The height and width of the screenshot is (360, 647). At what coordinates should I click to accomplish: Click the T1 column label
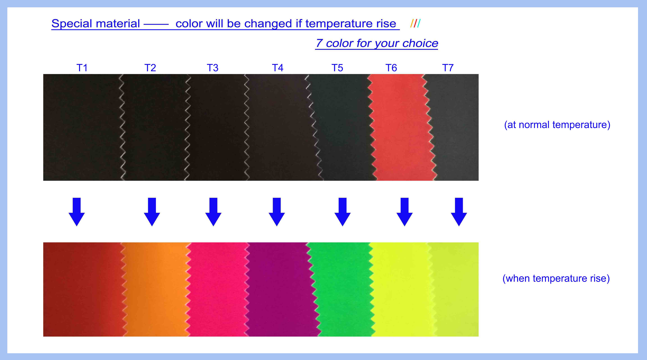tap(82, 68)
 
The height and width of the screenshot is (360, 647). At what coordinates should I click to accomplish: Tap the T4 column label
tap(278, 68)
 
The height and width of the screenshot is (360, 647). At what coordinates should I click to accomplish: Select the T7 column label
tap(448, 68)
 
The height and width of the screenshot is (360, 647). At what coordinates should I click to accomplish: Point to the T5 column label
tap(337, 68)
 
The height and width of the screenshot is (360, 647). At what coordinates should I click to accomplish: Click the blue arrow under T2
tap(152, 212)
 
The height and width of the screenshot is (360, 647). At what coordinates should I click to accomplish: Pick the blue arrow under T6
tap(404, 212)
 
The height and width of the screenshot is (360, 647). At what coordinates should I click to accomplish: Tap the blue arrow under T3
tap(213, 212)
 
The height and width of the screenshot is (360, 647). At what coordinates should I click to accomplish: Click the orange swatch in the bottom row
tap(156, 289)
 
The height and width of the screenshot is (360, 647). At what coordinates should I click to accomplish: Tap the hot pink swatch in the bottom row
tap(217, 289)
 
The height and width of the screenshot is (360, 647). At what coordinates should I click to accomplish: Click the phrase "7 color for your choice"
tap(377, 43)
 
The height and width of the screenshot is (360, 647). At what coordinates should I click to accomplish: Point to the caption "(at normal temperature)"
tap(557, 125)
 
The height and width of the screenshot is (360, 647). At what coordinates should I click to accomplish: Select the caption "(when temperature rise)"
tap(556, 278)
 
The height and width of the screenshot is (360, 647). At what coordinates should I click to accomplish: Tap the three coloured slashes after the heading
tap(415, 23)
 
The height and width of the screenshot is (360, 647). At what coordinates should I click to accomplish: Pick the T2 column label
tap(150, 68)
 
